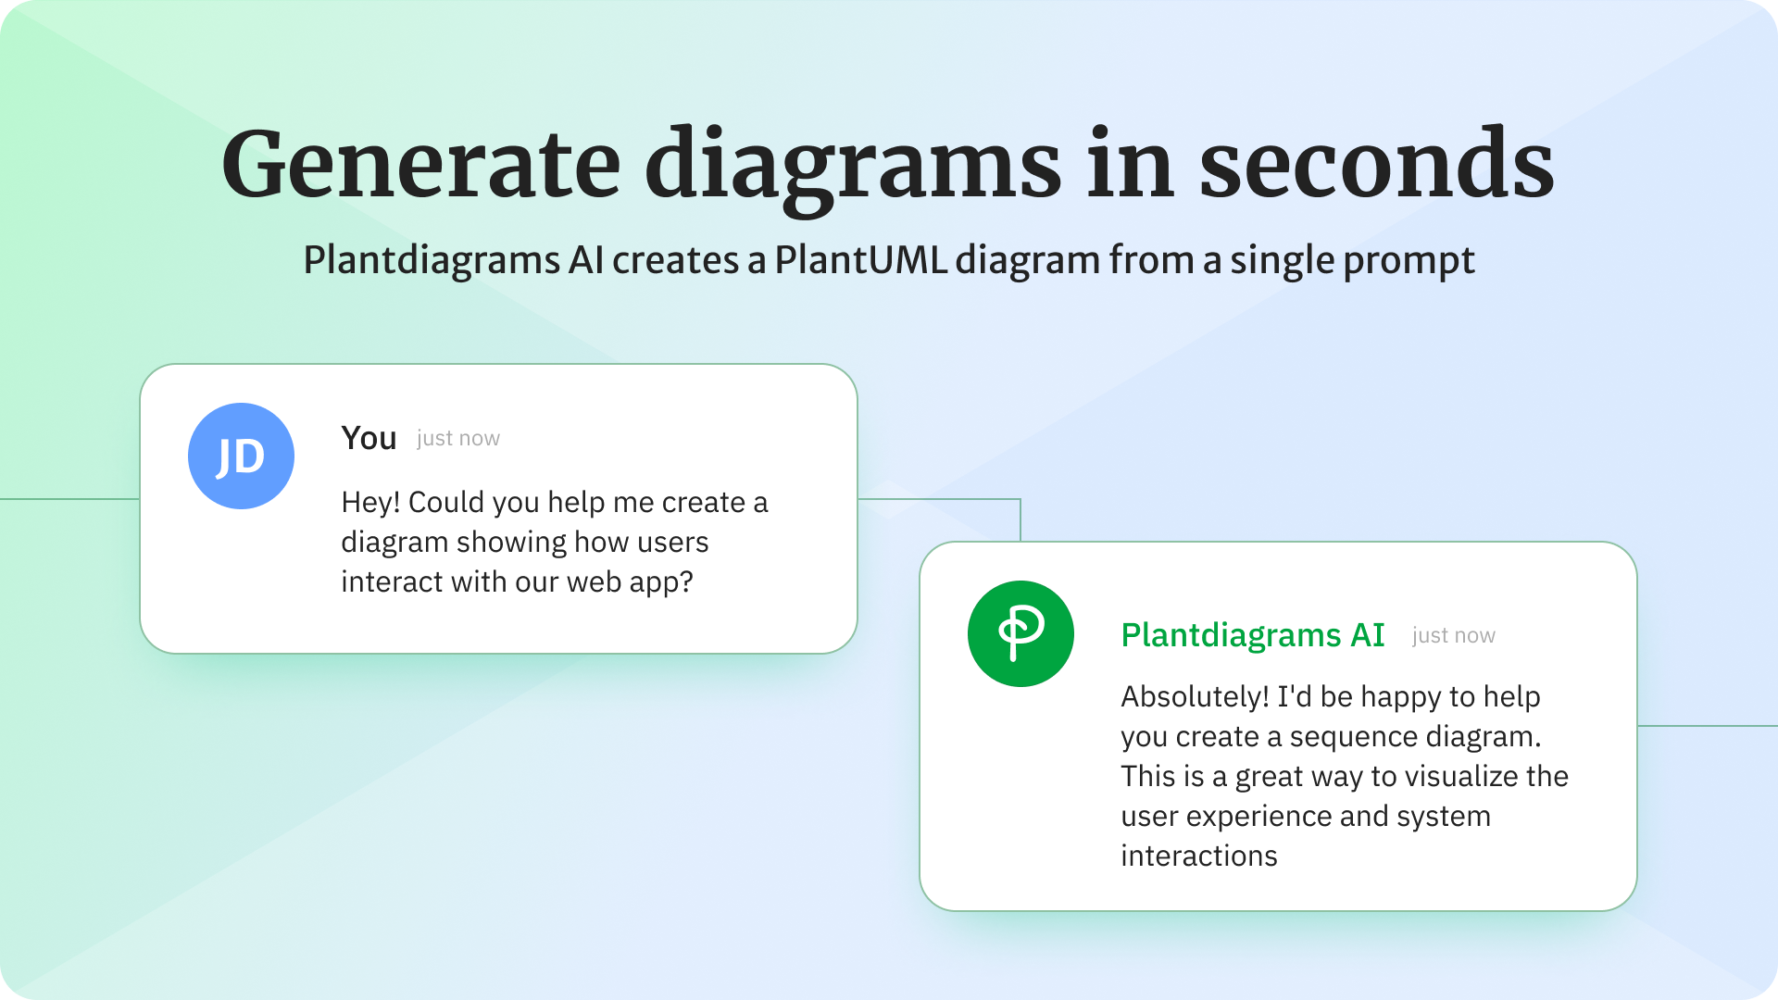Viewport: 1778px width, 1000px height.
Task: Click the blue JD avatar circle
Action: [241, 456]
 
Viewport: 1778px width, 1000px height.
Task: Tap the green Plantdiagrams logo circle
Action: [1020, 633]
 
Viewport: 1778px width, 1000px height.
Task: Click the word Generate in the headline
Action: [421, 166]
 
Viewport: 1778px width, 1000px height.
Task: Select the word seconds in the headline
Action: [1377, 164]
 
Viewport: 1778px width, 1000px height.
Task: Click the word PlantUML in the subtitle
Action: [860, 259]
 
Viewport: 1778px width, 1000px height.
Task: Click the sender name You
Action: [369, 438]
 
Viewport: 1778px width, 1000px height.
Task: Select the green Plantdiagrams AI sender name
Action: [1253, 635]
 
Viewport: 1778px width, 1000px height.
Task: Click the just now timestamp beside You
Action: [458, 438]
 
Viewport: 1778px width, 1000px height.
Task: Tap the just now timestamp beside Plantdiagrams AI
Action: [1454, 635]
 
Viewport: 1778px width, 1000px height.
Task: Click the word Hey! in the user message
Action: [370, 502]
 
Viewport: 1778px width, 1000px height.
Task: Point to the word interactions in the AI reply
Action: [1199, 856]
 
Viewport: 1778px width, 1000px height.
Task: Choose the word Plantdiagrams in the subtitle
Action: [432, 261]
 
